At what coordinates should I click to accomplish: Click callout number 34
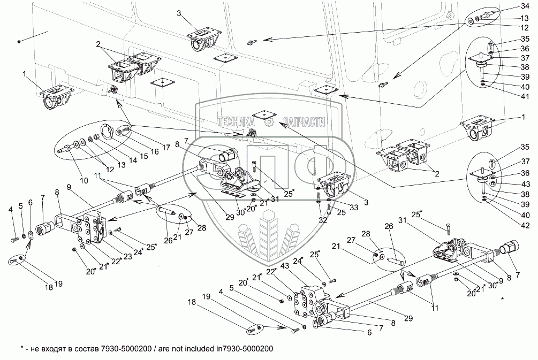tap(525, 6)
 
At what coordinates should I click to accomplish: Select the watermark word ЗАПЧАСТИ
tap(305, 122)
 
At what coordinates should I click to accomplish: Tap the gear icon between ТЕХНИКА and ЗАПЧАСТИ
tap(269, 122)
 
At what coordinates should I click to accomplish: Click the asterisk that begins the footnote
tap(22, 349)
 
